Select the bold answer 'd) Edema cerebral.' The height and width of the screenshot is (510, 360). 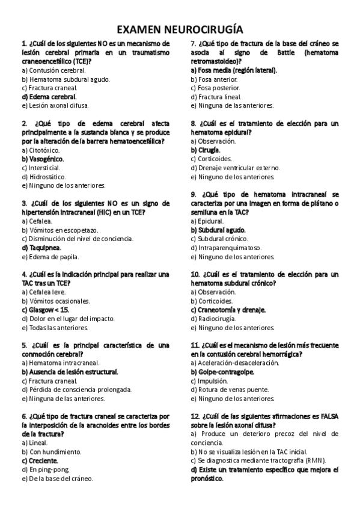(x=49, y=97)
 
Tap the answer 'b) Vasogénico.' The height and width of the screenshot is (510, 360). (x=43, y=159)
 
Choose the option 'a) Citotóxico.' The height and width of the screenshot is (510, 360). (x=40, y=150)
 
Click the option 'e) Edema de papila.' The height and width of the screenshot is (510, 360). (x=50, y=257)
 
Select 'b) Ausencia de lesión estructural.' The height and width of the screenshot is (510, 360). (x=70, y=372)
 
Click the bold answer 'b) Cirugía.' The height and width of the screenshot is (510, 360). (x=206, y=150)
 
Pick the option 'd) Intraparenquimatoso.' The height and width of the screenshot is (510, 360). (x=226, y=248)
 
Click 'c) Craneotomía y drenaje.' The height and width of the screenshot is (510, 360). (x=228, y=310)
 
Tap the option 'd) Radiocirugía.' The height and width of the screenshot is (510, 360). (x=215, y=319)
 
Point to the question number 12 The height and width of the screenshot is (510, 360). (x=195, y=416)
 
